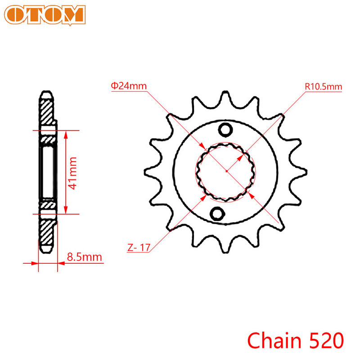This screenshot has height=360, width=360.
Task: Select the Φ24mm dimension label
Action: pos(129,85)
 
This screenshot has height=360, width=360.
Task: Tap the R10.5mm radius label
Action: pos(323,85)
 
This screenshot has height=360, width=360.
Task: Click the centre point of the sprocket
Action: pos(226,171)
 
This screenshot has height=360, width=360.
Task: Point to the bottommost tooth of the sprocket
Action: pos(224,245)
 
